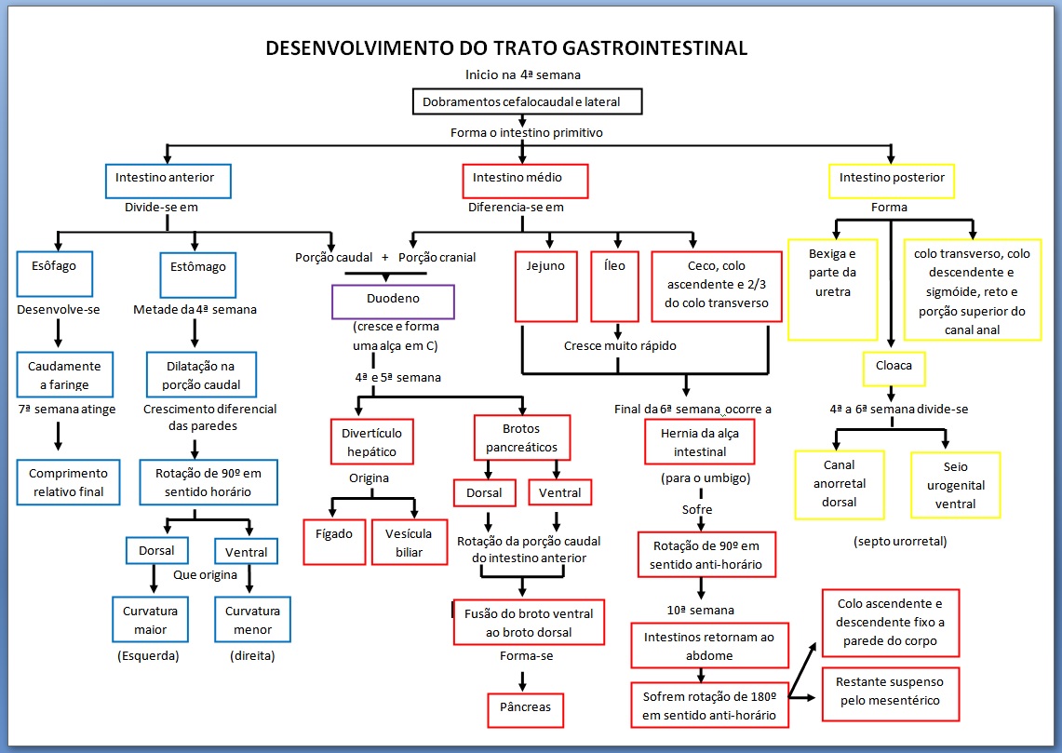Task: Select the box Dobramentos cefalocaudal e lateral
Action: [x=527, y=101]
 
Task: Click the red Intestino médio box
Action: [x=525, y=181]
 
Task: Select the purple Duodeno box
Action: [x=393, y=302]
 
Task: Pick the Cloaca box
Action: [x=893, y=366]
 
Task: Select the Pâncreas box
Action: [x=524, y=708]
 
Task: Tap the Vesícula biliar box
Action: [x=402, y=542]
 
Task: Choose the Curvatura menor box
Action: [x=252, y=621]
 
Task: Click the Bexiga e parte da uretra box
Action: [x=831, y=289]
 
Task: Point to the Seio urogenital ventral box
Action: [x=955, y=485]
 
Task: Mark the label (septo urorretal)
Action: [x=892, y=541]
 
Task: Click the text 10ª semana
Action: [x=701, y=611]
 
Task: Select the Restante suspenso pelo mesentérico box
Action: [x=890, y=692]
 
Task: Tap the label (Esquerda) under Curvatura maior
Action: [x=147, y=656]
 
